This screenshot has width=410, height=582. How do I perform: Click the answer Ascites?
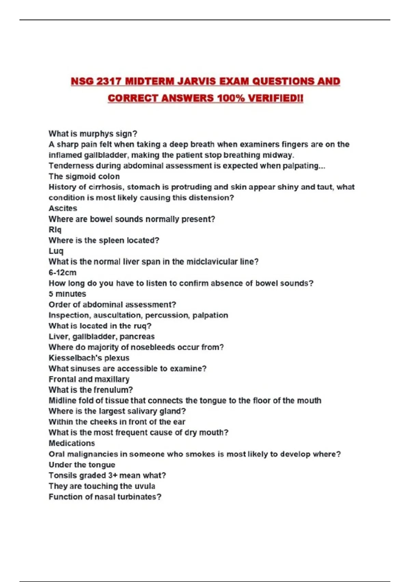point(63,208)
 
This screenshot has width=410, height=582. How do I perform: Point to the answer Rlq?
point(55,230)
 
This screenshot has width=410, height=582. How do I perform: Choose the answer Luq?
point(56,251)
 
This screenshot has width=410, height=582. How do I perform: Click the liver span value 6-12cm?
point(63,273)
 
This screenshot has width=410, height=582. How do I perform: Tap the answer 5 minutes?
point(67,294)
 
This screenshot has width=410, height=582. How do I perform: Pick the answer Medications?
point(72,443)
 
